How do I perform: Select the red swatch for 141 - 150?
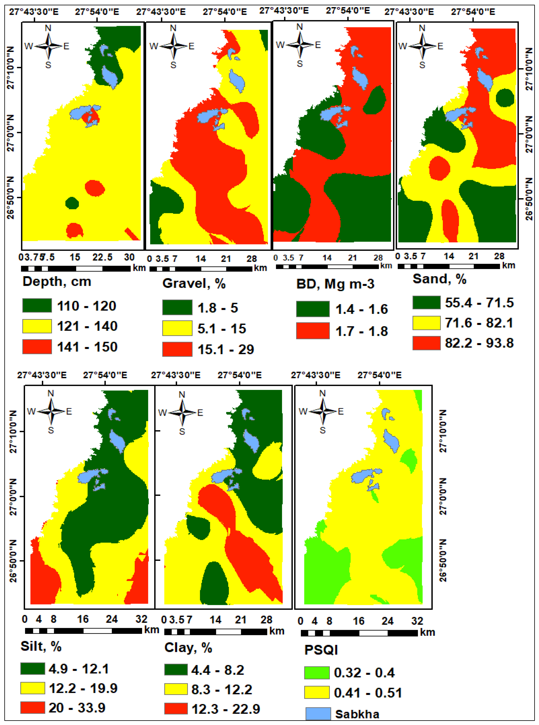[37, 346]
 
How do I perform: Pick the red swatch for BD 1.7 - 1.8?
[313, 330]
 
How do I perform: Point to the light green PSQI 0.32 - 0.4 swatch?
[316, 672]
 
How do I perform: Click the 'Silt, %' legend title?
[41, 646]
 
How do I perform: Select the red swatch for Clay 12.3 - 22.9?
[176, 708]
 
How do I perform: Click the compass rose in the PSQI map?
[322, 412]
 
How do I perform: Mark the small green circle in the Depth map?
[72, 203]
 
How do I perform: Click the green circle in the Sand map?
[505, 98]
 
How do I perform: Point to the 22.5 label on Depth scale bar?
[102, 257]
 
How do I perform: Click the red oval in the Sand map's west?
[439, 168]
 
